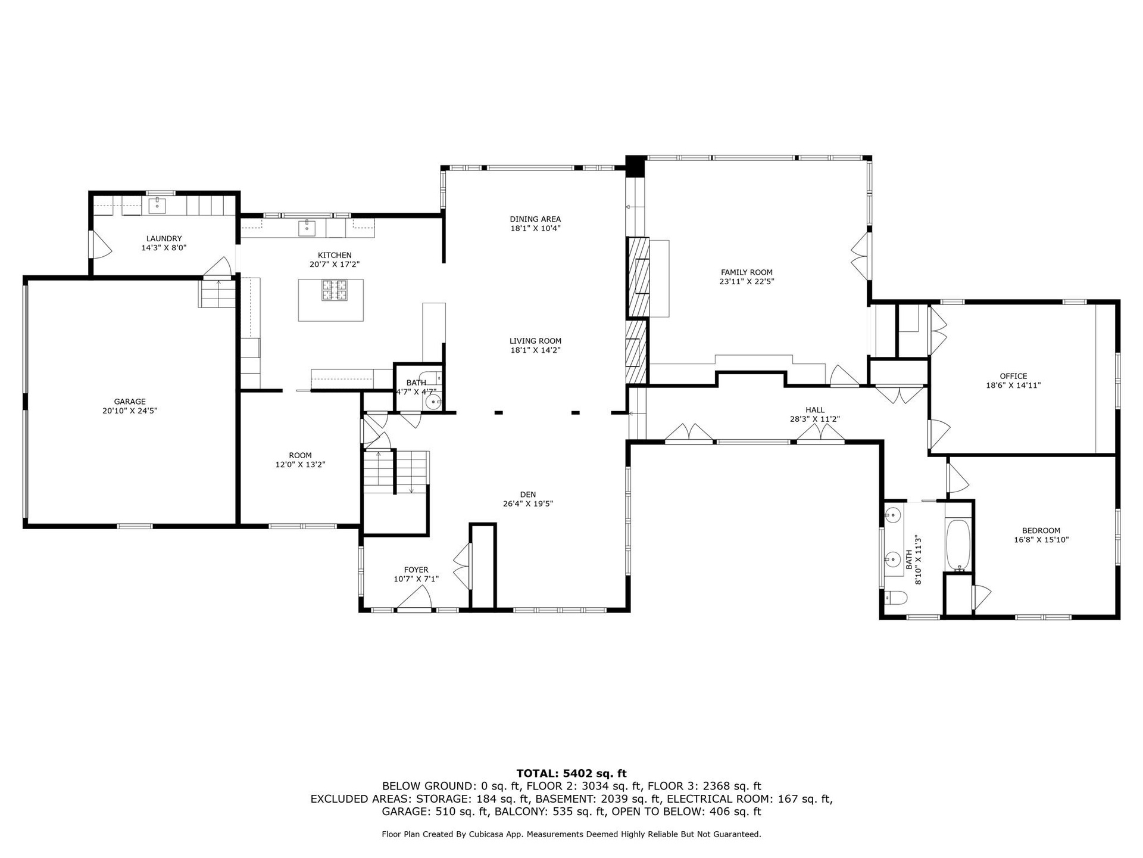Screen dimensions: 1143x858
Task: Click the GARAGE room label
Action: pos(130,402)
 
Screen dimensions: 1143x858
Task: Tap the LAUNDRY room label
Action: pos(164,238)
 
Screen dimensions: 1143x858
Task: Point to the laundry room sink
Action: pos(157,206)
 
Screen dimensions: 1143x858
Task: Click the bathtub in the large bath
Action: pos(958,546)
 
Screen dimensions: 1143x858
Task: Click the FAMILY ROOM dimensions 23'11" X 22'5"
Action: pos(747,282)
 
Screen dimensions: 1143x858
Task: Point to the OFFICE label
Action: pos(1013,376)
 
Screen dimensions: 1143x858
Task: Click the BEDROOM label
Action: pos(1041,531)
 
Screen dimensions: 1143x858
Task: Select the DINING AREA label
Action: pos(535,219)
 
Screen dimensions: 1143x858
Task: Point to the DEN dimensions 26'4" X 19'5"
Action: pos(528,503)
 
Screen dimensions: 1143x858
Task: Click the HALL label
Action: pos(815,410)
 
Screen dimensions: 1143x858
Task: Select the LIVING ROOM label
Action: pos(535,341)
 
